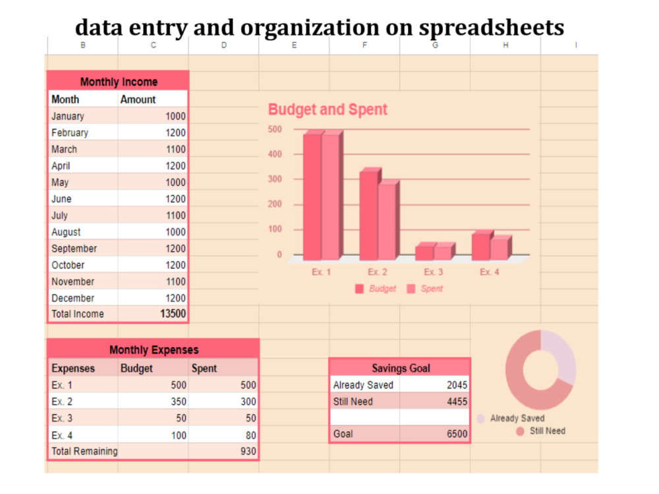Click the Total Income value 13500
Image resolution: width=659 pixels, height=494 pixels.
click(173, 314)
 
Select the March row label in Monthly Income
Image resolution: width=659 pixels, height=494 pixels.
click(65, 150)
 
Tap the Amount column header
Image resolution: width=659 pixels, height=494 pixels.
click(138, 99)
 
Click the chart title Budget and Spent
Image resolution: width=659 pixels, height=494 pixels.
click(328, 109)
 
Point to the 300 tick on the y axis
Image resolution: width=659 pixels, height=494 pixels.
click(275, 179)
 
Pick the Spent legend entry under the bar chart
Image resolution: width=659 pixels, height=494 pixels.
click(425, 288)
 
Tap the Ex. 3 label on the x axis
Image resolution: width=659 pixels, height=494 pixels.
click(434, 272)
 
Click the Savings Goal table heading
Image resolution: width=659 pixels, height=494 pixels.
click(401, 368)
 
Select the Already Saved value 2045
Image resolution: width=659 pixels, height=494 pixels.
click(457, 385)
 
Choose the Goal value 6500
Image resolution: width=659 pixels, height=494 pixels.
click(457, 434)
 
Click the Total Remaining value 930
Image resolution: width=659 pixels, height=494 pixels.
click(248, 451)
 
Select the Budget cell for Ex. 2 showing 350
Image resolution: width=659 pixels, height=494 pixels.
click(178, 402)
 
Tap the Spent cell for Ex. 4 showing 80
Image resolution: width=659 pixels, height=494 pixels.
click(251, 435)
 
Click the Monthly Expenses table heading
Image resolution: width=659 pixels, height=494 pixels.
click(154, 350)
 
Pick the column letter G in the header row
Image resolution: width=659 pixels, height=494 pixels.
click(435, 45)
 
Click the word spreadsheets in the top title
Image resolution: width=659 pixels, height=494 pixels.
click(492, 28)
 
